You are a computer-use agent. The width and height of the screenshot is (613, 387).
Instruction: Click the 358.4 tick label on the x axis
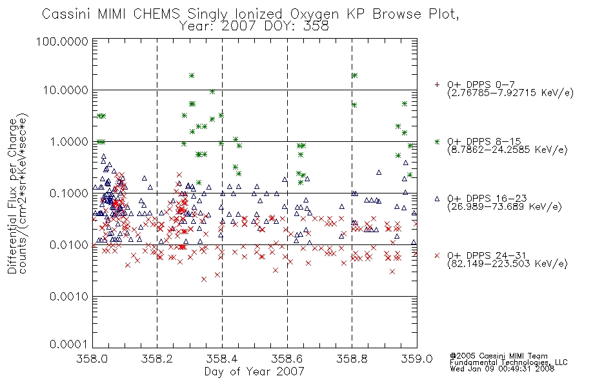coord(222,359)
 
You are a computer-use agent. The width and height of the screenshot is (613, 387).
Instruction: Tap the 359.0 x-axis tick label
coord(417,359)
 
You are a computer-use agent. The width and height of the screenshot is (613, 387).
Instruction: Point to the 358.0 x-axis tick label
coord(92,359)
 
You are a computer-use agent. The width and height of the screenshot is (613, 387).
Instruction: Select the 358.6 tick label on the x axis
coord(287,359)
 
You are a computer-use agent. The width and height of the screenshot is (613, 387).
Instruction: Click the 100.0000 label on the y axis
coord(62,41)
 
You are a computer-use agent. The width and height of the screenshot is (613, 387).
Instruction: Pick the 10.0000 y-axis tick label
coord(66,90)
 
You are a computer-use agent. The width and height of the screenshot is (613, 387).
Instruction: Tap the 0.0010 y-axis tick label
coord(69,297)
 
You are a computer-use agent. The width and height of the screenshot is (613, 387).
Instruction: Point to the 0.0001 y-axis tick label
coord(69,344)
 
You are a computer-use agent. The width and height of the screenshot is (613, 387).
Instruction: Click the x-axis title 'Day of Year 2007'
coord(254,372)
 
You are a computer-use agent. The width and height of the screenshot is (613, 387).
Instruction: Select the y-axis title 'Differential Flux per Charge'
coord(12,196)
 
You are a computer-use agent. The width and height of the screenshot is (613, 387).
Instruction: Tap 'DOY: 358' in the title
coord(297,26)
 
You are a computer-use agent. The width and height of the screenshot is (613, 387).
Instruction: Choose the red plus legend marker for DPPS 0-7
coord(437,84)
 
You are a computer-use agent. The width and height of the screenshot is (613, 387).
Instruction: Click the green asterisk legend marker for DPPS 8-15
coord(437,141)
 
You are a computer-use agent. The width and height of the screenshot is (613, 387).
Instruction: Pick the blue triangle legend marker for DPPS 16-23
coord(437,199)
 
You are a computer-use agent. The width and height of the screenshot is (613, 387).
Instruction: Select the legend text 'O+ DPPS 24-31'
coord(487,255)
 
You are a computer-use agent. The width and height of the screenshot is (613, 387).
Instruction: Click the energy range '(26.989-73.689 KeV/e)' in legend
coord(505,207)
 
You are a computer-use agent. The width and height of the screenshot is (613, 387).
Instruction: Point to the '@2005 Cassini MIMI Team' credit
coord(499,356)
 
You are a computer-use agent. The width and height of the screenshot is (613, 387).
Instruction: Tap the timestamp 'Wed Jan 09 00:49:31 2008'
coord(502,368)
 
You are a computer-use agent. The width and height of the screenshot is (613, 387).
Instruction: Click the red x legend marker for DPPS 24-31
coord(437,255)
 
